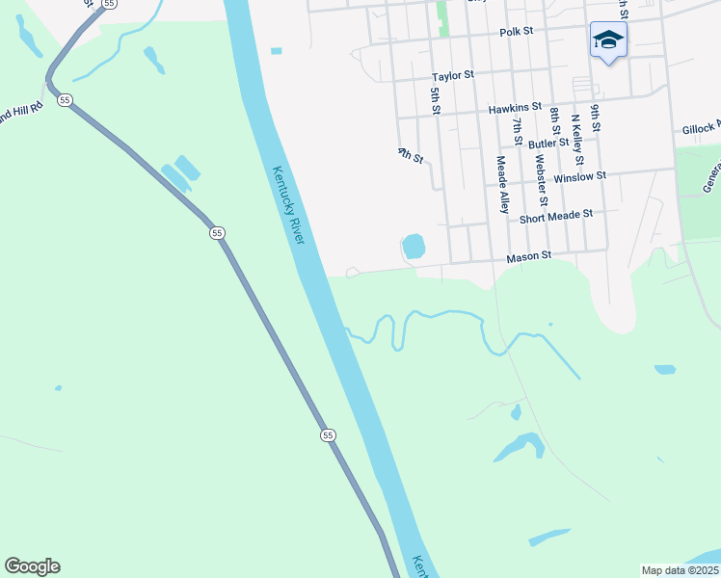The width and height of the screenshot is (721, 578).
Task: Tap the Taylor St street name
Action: (453, 74)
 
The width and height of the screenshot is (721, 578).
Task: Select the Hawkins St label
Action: (515, 109)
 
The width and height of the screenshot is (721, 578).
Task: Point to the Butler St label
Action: (547, 143)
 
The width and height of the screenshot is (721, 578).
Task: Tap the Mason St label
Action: (528, 257)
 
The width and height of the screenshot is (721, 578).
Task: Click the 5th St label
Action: (436, 101)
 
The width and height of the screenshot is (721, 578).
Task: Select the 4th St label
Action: (412, 154)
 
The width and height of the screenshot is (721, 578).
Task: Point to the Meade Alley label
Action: (502, 184)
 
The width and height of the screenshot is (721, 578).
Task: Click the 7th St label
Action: (518, 128)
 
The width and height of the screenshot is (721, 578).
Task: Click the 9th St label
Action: (596, 118)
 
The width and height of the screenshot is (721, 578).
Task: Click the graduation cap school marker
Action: (608, 40)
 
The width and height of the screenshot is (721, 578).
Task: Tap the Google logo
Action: (32, 566)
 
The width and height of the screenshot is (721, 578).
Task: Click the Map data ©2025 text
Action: (680, 570)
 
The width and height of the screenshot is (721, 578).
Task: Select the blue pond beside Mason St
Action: (414, 247)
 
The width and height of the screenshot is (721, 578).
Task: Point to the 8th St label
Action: (555, 123)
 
